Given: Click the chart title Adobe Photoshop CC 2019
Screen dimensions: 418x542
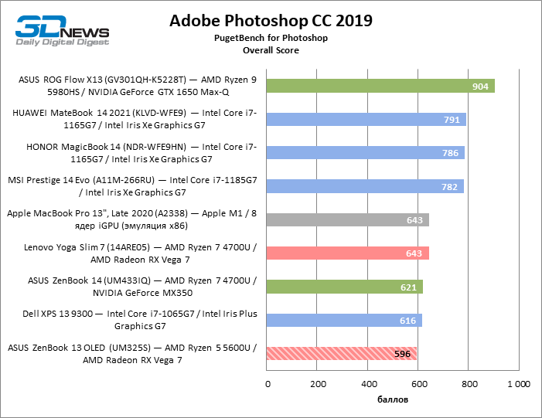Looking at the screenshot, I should tap(271, 20).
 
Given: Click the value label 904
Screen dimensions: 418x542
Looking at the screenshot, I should tap(480, 87).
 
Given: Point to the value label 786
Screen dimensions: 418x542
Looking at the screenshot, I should tap(450, 153).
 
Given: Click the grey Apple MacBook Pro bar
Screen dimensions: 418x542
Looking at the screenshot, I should tap(348, 220).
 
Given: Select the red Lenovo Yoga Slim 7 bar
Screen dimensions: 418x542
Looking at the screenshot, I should tap(348, 253).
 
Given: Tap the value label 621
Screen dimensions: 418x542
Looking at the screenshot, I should tap(409, 287).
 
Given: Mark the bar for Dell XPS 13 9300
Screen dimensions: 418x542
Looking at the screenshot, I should tap(345, 321).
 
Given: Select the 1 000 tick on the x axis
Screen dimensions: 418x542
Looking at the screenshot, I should tap(517, 383).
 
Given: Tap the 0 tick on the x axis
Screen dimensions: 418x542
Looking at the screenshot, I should tap(268, 383).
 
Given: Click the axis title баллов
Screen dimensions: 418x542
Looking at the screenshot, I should tap(393, 399).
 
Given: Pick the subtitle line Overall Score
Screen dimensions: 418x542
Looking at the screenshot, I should tap(271, 50).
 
